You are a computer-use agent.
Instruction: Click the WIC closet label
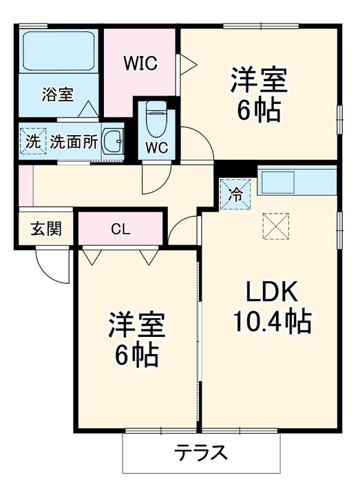(x=140, y=63)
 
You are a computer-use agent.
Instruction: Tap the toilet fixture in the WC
(x=156, y=118)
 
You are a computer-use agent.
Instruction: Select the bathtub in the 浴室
(x=59, y=50)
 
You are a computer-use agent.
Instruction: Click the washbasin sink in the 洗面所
(x=112, y=141)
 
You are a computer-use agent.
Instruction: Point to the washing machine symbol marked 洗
(x=33, y=141)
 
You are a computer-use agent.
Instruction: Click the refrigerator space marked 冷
(x=235, y=194)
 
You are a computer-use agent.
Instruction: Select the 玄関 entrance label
(x=46, y=229)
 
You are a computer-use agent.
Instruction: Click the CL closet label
(x=120, y=229)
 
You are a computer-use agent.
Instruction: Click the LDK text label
(x=272, y=291)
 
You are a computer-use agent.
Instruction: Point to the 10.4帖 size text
(x=272, y=322)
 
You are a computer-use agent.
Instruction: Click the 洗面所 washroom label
(x=74, y=141)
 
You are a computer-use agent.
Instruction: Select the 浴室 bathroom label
(x=58, y=94)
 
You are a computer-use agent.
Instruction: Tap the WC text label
(x=157, y=147)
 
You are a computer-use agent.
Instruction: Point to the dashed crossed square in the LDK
(x=275, y=226)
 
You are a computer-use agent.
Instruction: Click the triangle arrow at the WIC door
(x=189, y=65)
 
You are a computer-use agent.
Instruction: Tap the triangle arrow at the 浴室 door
(x=88, y=110)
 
